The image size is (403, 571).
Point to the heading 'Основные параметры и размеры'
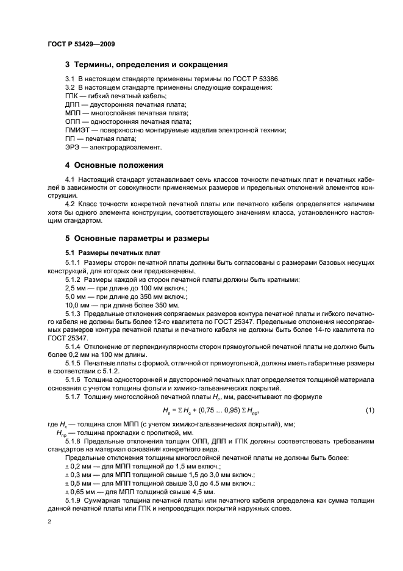(141, 238)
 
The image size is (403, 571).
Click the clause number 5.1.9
(75, 500)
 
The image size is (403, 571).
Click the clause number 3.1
(71, 79)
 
